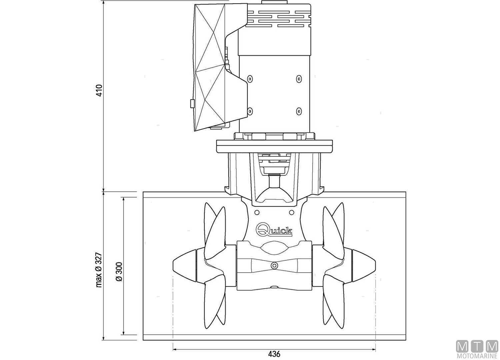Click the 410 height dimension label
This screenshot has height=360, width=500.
99,90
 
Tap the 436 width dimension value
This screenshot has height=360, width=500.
274,354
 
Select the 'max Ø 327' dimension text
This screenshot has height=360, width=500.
99,270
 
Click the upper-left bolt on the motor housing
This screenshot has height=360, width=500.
249,79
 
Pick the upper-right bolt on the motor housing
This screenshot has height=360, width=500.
299,79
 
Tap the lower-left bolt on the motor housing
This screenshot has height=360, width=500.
249,111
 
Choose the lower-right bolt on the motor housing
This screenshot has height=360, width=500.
299,111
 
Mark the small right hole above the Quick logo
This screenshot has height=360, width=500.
292,212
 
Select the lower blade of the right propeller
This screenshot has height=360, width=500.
333,303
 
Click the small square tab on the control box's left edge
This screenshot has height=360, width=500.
192,104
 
